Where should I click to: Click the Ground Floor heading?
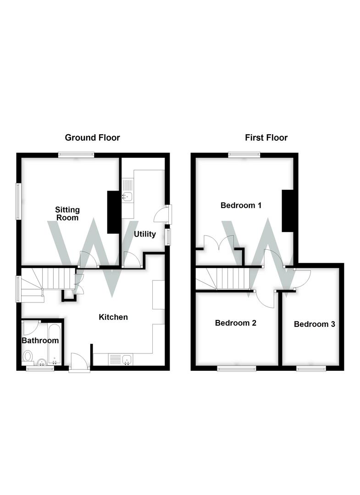click(92, 137)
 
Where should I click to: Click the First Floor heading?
click(266, 137)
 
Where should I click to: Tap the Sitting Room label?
click(68, 214)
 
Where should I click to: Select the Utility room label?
click(145, 234)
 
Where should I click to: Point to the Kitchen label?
click(114, 317)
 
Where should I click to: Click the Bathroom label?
click(40, 341)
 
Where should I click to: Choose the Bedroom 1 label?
click(241, 205)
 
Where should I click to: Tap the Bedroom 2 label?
click(236, 323)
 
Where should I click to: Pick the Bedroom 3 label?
click(314, 324)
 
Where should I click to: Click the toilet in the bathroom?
click(28, 356)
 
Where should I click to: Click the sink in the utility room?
click(127, 196)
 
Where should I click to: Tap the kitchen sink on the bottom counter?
click(127, 359)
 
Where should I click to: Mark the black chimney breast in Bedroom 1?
click(288, 211)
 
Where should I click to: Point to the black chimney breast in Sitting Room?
click(113, 212)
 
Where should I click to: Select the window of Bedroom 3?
click(311, 368)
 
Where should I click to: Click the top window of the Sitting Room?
click(76, 155)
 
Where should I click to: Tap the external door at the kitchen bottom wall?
click(79, 362)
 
